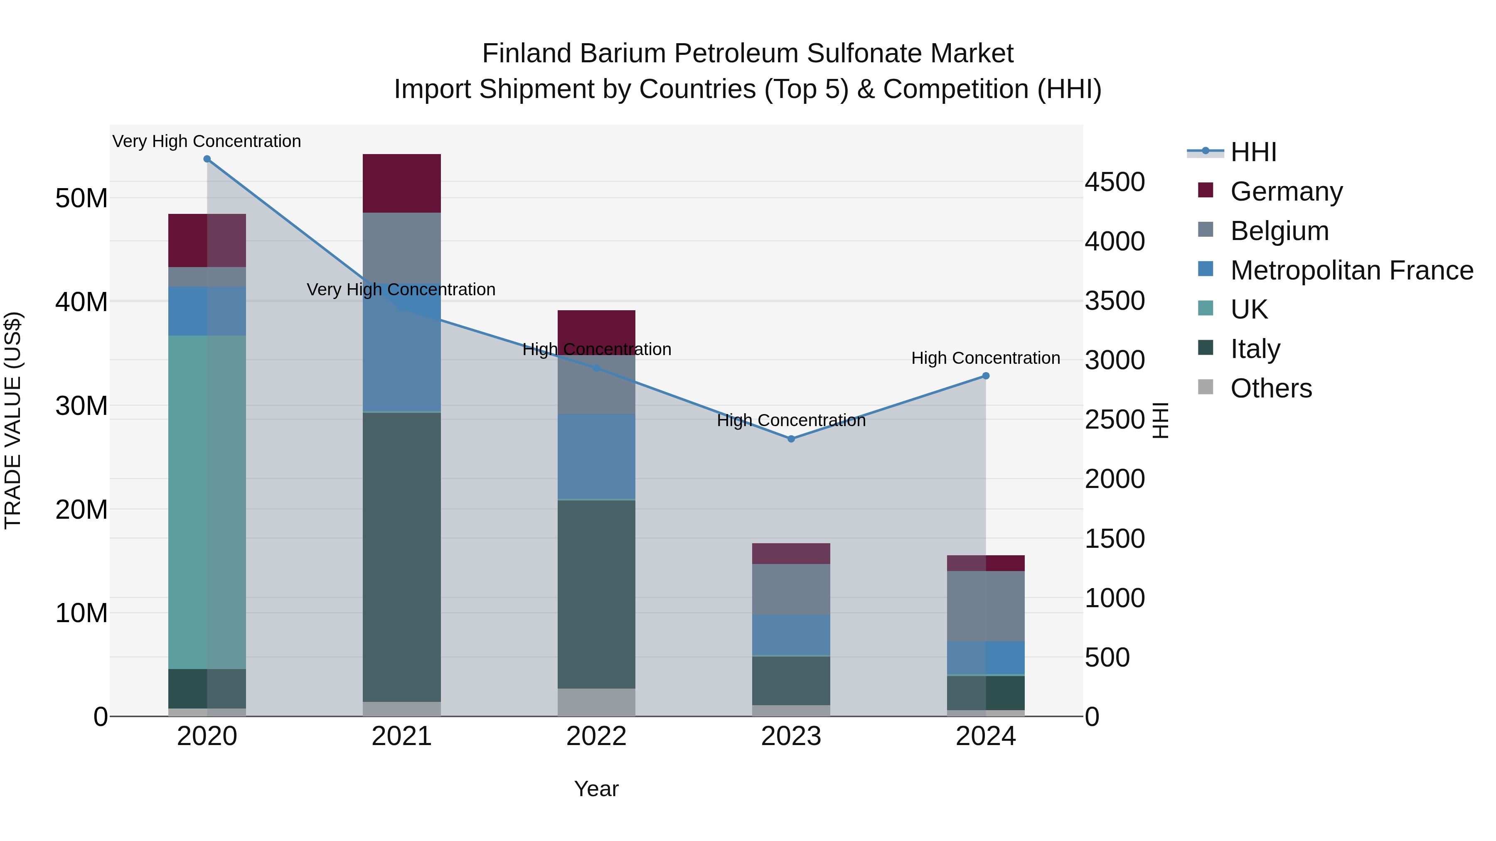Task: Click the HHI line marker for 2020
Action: [x=207, y=159]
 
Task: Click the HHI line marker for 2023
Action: [x=791, y=439]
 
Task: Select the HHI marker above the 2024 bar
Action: [x=986, y=376]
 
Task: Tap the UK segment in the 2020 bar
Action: [x=207, y=502]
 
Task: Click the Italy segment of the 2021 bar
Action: [x=401, y=557]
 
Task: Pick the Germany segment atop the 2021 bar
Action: [x=401, y=184]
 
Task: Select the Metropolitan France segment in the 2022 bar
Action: [x=596, y=457]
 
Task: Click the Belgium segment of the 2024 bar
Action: [x=986, y=606]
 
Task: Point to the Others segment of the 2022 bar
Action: [x=596, y=702]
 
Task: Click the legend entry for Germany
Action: [x=1286, y=191]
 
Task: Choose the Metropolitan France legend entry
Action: [x=1351, y=270]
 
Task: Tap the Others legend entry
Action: [x=1271, y=388]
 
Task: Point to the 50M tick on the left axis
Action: [x=81, y=199]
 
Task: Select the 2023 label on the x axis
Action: [x=791, y=736]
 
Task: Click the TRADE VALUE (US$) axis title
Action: [x=13, y=420]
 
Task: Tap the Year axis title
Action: [x=596, y=789]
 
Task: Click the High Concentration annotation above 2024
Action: [x=986, y=358]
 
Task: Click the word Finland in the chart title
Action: [x=526, y=54]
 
